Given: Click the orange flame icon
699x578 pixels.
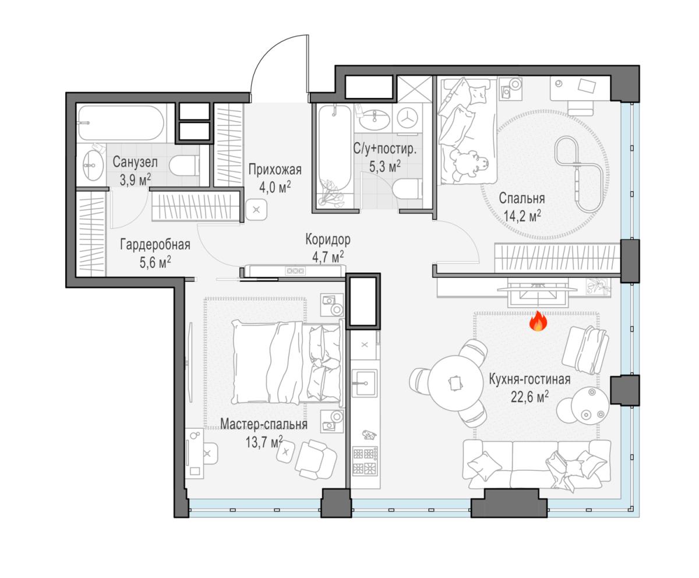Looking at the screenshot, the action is pos(538,321).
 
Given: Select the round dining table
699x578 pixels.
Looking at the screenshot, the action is pos(456,383).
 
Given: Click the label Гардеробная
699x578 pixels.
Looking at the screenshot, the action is pos(155,245).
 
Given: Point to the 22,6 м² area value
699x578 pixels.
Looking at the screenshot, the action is pos(529,397).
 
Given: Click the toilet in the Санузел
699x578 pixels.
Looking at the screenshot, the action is pos(183,165).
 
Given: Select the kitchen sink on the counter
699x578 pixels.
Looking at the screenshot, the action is pos(364,383).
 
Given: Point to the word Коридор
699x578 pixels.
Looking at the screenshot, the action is pos(328,239).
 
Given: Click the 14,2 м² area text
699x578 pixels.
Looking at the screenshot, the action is pos(523,216).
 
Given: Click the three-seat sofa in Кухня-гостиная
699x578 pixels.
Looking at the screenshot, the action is pos(536,465).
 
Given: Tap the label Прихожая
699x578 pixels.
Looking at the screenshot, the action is pos(275,170).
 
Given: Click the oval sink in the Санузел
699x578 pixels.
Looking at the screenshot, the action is pos(93,165).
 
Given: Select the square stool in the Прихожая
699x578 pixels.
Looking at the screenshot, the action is pos(256,210).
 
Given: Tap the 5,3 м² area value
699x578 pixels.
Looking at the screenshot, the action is pos(385,167).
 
